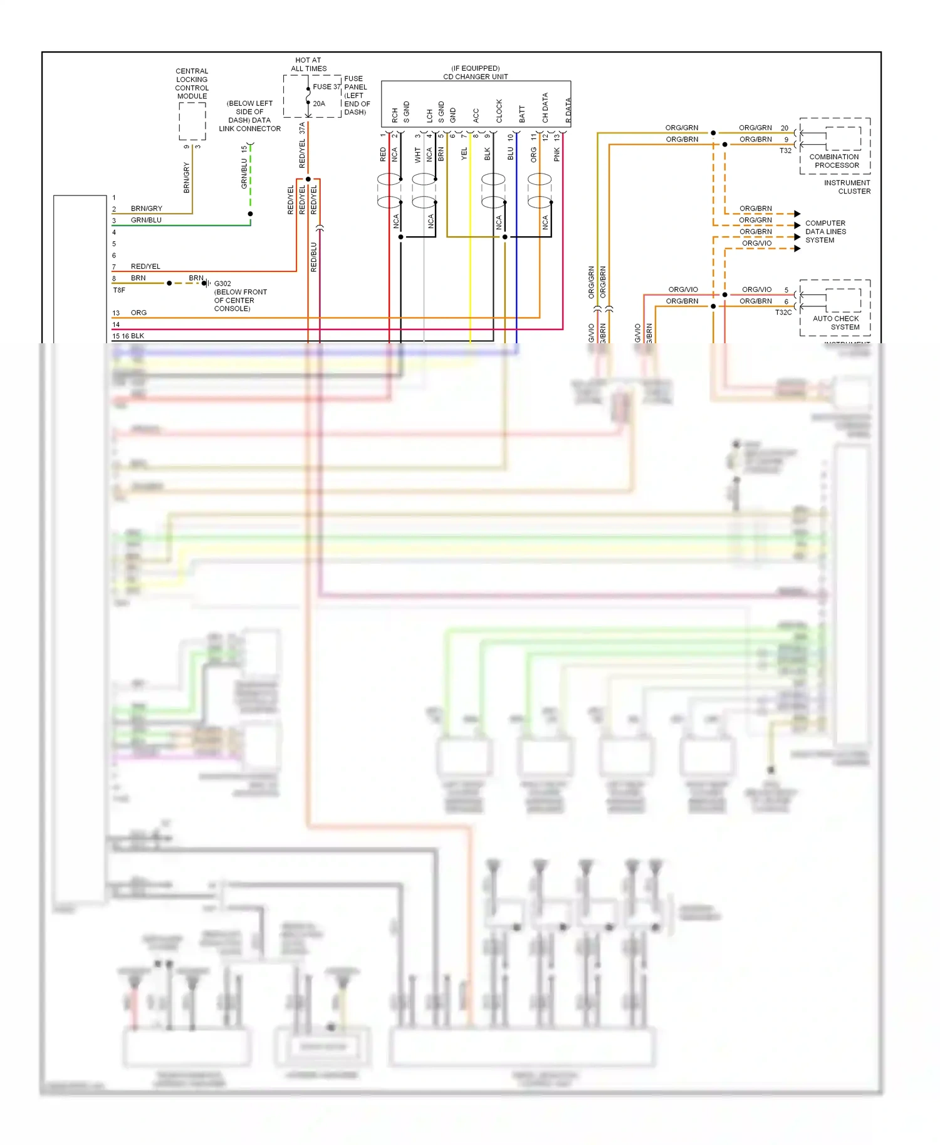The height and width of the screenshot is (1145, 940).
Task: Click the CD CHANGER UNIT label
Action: point(476,76)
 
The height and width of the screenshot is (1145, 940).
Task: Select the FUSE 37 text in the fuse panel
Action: point(326,87)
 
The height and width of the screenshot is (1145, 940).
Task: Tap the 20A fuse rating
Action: point(319,104)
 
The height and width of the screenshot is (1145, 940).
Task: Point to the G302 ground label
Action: point(222,284)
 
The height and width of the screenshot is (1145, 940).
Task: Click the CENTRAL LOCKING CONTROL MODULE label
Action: point(192,83)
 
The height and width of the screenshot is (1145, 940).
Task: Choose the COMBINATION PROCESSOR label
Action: point(834,161)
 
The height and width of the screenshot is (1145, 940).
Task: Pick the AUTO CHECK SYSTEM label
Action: point(836,323)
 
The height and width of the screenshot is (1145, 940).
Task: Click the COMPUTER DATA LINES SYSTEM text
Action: point(825,232)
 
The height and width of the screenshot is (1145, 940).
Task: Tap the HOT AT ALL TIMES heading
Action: point(308,65)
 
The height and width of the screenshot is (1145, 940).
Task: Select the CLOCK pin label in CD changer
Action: point(499,111)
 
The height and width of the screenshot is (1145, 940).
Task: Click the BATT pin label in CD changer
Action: point(522,114)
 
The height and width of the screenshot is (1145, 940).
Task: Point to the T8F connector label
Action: point(119,291)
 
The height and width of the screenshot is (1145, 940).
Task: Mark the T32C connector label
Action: point(783,313)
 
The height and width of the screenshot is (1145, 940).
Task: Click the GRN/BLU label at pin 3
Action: point(146,220)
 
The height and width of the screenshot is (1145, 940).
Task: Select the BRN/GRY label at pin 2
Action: point(146,209)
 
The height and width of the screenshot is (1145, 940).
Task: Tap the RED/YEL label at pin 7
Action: point(145,267)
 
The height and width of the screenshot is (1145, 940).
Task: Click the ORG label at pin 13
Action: point(138,313)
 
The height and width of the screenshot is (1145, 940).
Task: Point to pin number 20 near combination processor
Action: point(785,128)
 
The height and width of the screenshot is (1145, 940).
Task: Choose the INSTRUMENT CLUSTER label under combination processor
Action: point(847,187)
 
